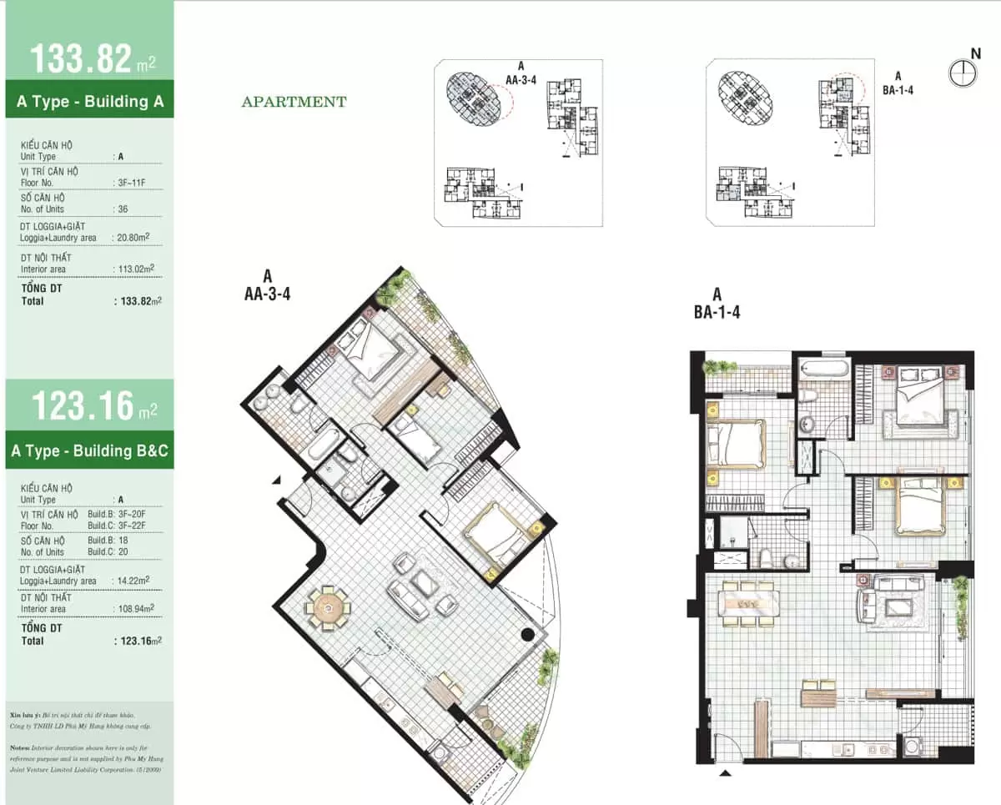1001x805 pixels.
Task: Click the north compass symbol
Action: click(963, 73)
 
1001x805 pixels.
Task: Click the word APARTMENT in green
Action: click(294, 102)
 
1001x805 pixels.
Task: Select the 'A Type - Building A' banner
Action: click(89, 102)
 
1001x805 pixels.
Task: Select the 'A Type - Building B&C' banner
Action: click(89, 451)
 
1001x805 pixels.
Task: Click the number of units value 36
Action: click(123, 209)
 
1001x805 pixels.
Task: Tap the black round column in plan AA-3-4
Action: click(527, 636)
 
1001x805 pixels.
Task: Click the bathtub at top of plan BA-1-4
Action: click(822, 368)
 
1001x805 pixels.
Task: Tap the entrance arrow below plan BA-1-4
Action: click(726, 773)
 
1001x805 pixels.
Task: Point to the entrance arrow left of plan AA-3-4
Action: click(276, 480)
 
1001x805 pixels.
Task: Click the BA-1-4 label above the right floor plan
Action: click(717, 313)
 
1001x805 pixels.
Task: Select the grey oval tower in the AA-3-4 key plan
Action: click(473, 98)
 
